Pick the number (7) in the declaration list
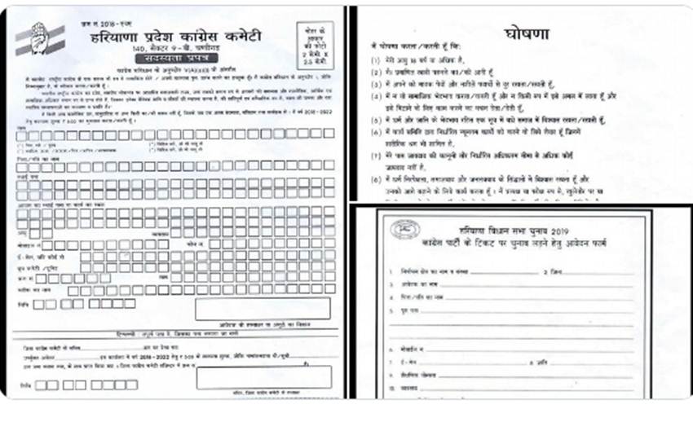(x=376, y=177)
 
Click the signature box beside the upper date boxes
(x=261, y=308)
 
